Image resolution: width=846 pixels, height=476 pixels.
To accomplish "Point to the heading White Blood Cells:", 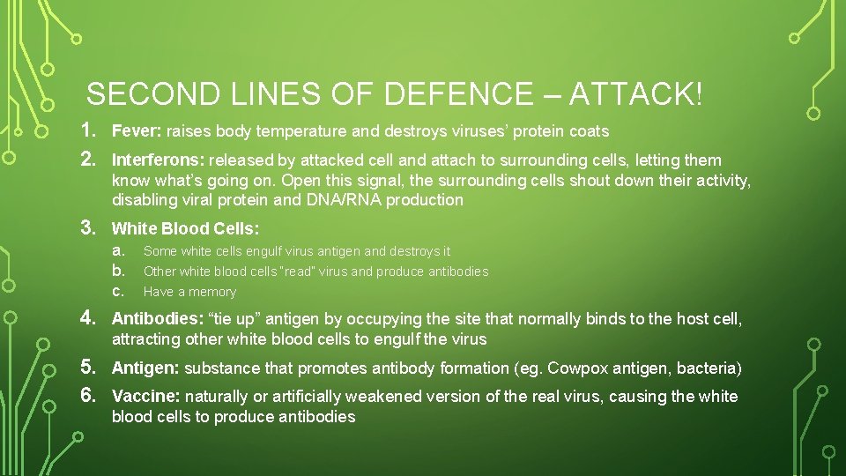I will pyautogui.click(x=185, y=229).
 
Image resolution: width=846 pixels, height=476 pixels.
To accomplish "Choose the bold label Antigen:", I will pyautogui.click(x=145, y=368).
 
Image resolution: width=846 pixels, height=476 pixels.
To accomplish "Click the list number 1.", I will pyautogui.click(x=88, y=131).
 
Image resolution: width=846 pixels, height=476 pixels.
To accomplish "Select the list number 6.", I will pyautogui.click(x=88, y=396).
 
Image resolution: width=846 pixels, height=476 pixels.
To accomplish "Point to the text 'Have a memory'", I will pyautogui.click(x=189, y=292).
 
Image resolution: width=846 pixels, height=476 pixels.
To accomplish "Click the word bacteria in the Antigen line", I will pyautogui.click(x=705, y=368).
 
